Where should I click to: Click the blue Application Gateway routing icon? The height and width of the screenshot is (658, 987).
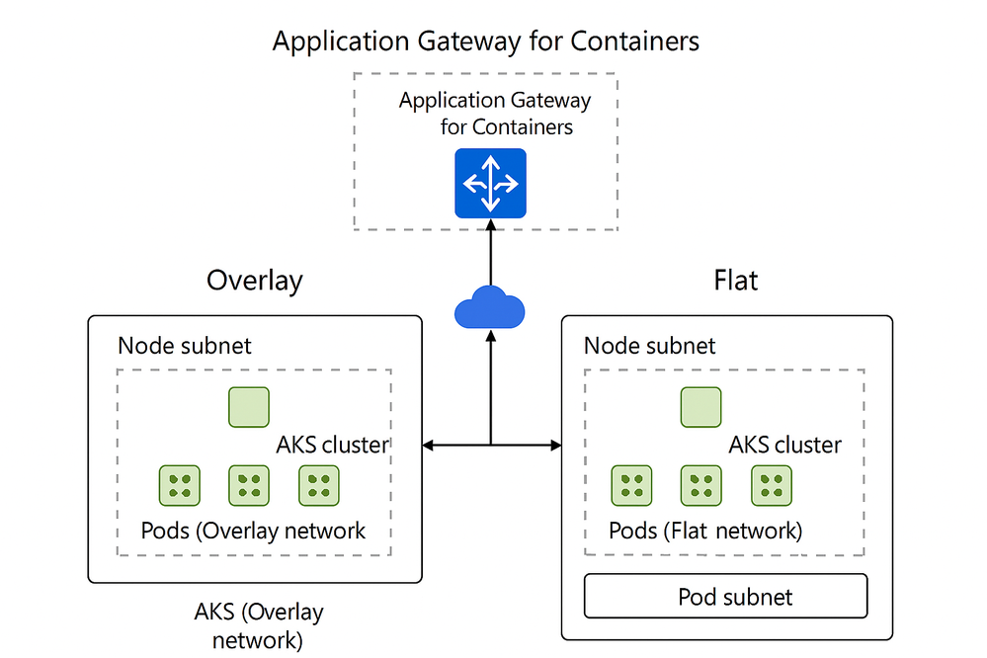tap(490, 183)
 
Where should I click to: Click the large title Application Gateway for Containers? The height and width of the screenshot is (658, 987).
tap(485, 41)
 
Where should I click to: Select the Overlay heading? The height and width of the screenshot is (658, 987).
tap(254, 281)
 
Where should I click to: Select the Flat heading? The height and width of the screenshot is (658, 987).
tap(735, 281)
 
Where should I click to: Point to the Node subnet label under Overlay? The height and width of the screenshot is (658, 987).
tap(185, 346)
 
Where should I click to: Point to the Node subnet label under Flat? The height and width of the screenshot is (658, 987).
tap(650, 346)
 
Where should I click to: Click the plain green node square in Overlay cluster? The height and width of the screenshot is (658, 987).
tap(249, 407)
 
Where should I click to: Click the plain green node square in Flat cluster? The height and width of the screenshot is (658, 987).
tap(700, 407)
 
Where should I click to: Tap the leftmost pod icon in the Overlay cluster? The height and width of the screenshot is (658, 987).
tap(180, 485)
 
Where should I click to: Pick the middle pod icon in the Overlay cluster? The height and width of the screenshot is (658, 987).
tap(249, 485)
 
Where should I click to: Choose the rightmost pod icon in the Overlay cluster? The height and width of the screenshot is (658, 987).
tap(319, 485)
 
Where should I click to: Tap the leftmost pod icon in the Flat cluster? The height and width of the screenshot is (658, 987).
tap(631, 485)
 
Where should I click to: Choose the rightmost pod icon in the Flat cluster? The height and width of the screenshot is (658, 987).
tap(772, 485)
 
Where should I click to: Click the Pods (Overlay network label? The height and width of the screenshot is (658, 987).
tap(253, 531)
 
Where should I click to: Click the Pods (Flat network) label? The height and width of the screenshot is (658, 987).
tap(705, 531)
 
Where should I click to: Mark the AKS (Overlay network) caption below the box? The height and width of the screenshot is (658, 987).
tap(259, 625)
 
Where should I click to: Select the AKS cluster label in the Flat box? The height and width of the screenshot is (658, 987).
tap(785, 445)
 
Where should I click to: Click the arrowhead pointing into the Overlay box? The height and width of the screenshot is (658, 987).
tap(428, 446)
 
